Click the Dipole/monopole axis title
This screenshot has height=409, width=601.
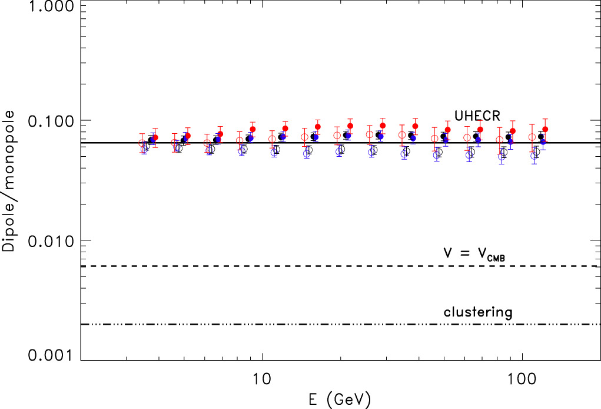click(10, 182)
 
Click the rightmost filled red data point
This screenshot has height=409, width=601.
click(545, 129)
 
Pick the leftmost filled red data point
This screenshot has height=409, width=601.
click(155, 137)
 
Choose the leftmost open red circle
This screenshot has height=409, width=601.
click(142, 143)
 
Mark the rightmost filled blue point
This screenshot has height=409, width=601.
click(543, 142)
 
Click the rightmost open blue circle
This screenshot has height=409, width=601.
click(534, 156)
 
